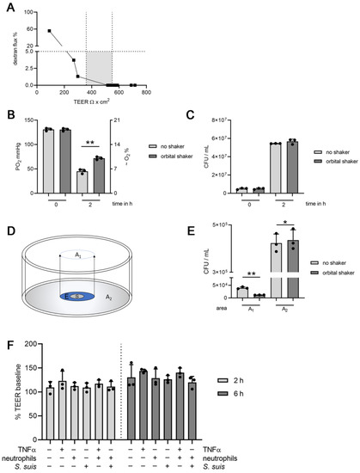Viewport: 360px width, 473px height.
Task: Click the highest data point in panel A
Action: [x=51, y=30]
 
